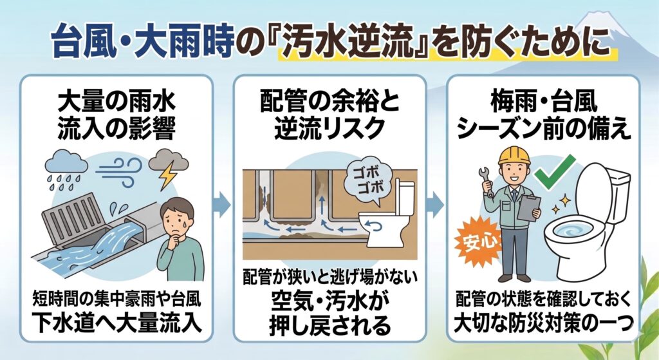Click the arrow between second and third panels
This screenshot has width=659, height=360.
(x=436, y=205)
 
